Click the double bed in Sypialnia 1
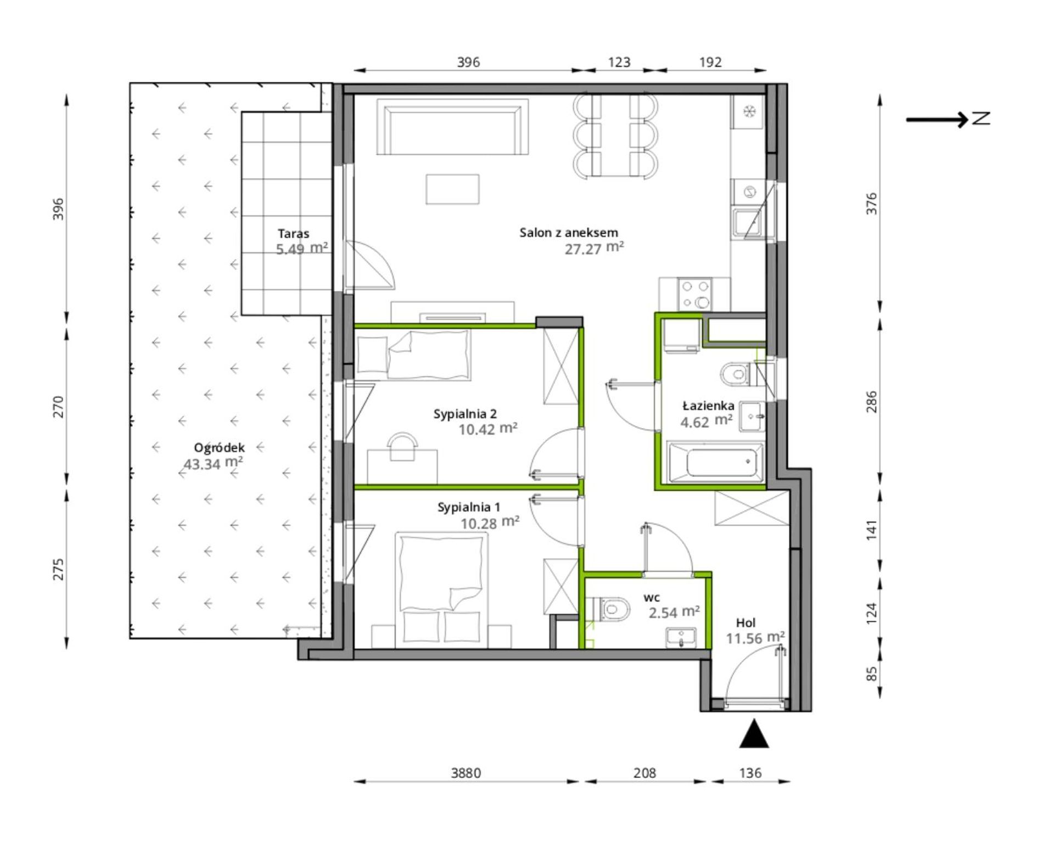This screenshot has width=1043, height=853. tap(442, 590)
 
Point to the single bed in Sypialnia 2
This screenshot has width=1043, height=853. tap(413, 355)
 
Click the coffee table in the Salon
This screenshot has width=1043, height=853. tap(453, 189)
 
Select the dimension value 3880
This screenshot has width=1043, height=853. tap(466, 773)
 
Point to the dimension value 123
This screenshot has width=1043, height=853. tap(619, 62)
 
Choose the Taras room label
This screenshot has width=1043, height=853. tap(293, 233)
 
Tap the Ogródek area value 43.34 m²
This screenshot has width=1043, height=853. tap(213, 463)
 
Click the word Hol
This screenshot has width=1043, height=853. tap(745, 622)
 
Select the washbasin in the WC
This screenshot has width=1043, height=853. tap(681, 638)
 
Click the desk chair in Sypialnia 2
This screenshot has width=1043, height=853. tap(402, 446)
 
